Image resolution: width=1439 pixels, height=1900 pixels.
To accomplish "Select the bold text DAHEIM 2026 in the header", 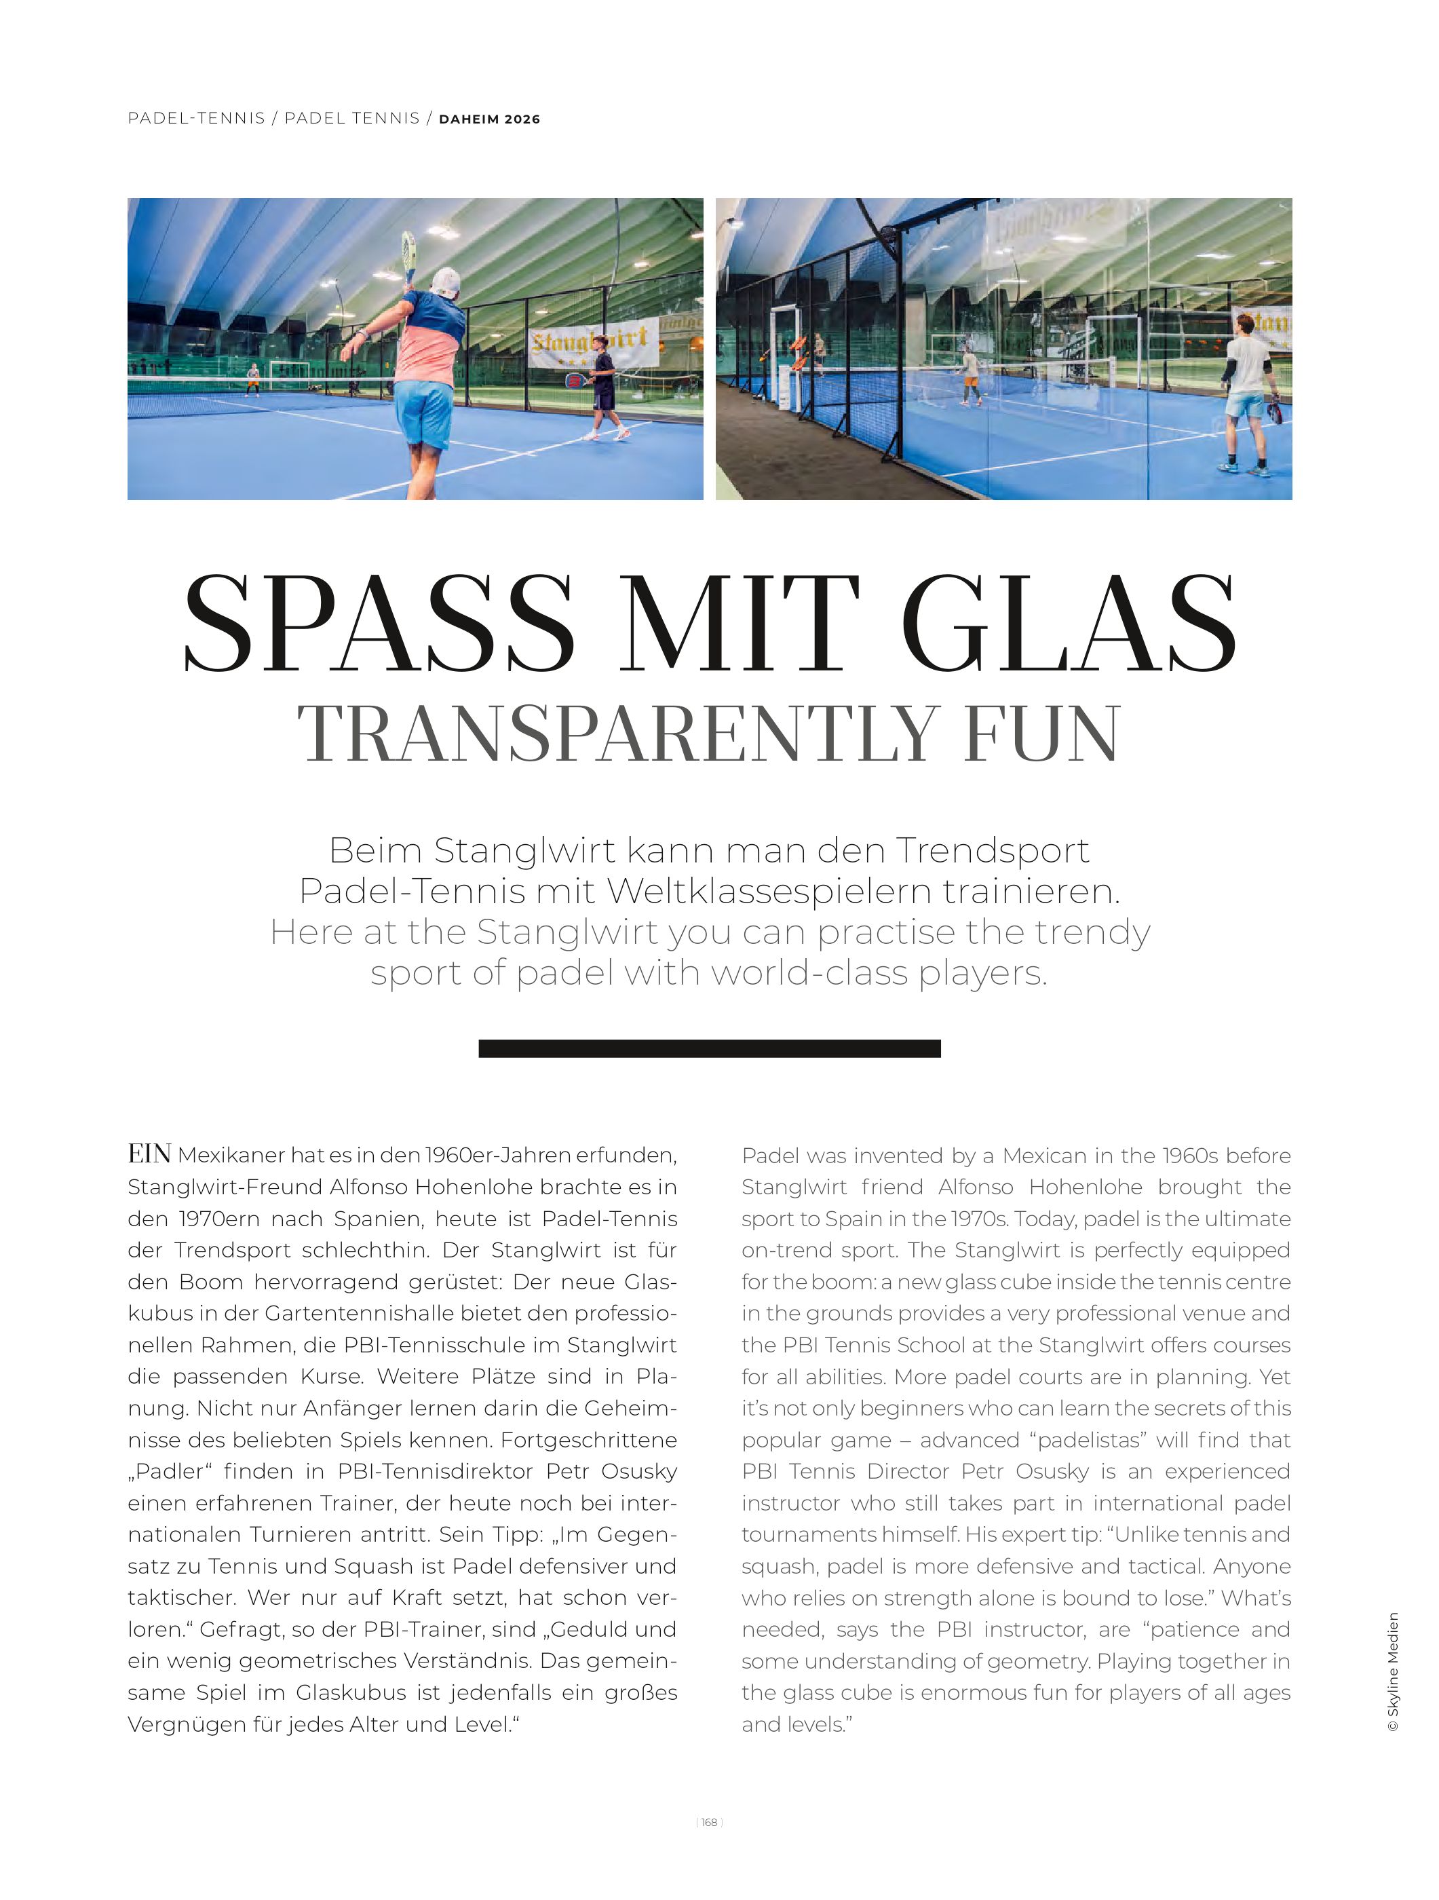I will coord(489,119).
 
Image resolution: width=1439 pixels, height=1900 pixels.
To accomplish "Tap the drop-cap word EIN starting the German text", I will coord(149,1154).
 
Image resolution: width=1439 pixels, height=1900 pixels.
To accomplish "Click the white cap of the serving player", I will coord(446,282).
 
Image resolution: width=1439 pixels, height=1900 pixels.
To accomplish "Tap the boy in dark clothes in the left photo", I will coord(602,387).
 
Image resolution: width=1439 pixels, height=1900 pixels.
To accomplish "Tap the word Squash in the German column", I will coord(391,1567).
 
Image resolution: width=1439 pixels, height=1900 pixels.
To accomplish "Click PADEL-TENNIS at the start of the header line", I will coord(197,119).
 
